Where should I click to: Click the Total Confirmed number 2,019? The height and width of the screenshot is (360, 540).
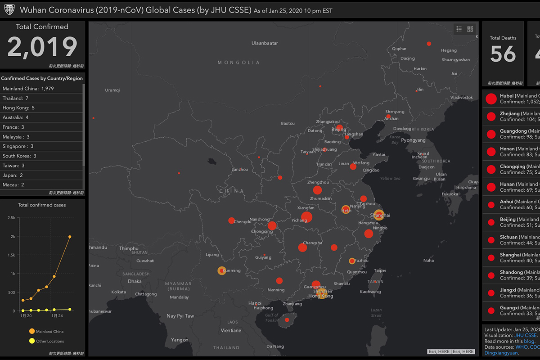tap(42, 47)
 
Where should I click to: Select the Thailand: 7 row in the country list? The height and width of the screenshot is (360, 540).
tap(15, 98)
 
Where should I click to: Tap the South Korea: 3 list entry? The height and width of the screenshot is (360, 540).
tap(19, 156)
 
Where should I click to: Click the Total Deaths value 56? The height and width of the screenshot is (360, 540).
tap(503, 54)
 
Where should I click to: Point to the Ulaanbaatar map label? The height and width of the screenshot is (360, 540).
tap(264, 43)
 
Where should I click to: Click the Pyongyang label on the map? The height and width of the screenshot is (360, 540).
tap(413, 140)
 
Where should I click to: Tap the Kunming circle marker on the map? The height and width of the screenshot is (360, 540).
tap(221, 270)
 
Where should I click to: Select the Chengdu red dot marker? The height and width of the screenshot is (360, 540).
tap(231, 220)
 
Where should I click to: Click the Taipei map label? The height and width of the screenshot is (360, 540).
tap(380, 270)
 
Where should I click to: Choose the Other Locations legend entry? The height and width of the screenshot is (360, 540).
tap(49, 341)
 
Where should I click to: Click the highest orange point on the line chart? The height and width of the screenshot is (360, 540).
tap(70, 237)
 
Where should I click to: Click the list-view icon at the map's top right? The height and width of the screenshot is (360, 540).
tap(459, 29)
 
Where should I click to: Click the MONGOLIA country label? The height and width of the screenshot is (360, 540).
tap(238, 63)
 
